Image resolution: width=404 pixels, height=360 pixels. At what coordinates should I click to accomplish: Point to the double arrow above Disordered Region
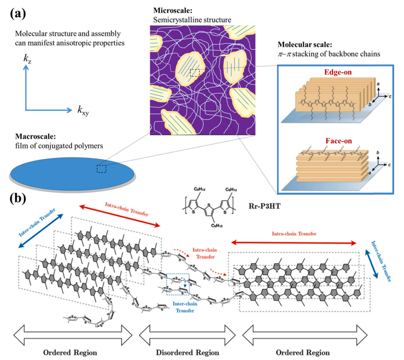pos(187,332)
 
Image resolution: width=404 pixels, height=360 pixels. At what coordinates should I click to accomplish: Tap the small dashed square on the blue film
pos(101,169)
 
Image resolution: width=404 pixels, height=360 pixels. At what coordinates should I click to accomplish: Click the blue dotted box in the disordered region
pos(178,284)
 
